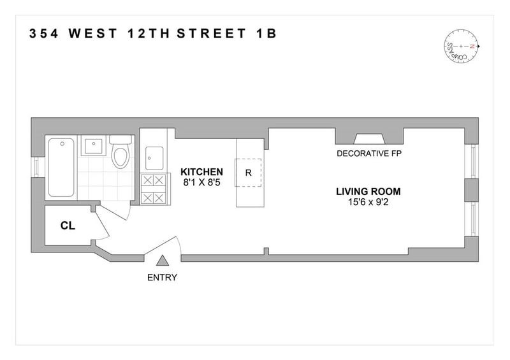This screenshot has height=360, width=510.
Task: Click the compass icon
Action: click(x=462, y=46)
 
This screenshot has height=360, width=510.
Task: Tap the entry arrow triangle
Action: click(x=162, y=261)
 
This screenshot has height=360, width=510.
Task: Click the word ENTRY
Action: click(x=162, y=277)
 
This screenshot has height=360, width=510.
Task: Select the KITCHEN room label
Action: click(x=201, y=171)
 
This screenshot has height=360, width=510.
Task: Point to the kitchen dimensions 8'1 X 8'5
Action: click(x=201, y=182)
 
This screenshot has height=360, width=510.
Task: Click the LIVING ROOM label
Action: click(x=368, y=192)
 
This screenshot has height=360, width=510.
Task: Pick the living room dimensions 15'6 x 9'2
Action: click(x=368, y=202)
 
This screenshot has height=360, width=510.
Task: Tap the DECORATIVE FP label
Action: click(x=369, y=154)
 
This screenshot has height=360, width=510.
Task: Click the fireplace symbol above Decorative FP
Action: click(x=369, y=139)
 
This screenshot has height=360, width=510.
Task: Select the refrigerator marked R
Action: click(x=248, y=173)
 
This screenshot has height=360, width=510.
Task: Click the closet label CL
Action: click(x=68, y=226)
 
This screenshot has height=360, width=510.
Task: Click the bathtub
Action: click(x=61, y=168)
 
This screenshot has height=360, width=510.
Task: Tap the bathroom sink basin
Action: click(x=94, y=146)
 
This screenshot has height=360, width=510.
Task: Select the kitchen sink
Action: click(x=154, y=158)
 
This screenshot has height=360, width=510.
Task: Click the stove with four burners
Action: click(x=153, y=189)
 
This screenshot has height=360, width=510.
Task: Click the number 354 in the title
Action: click(x=44, y=34)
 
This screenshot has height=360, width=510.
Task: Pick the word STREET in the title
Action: click(x=212, y=34)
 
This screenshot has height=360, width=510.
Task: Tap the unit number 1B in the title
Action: click(x=266, y=34)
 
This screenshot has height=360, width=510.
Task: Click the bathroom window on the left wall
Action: click(x=37, y=167)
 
